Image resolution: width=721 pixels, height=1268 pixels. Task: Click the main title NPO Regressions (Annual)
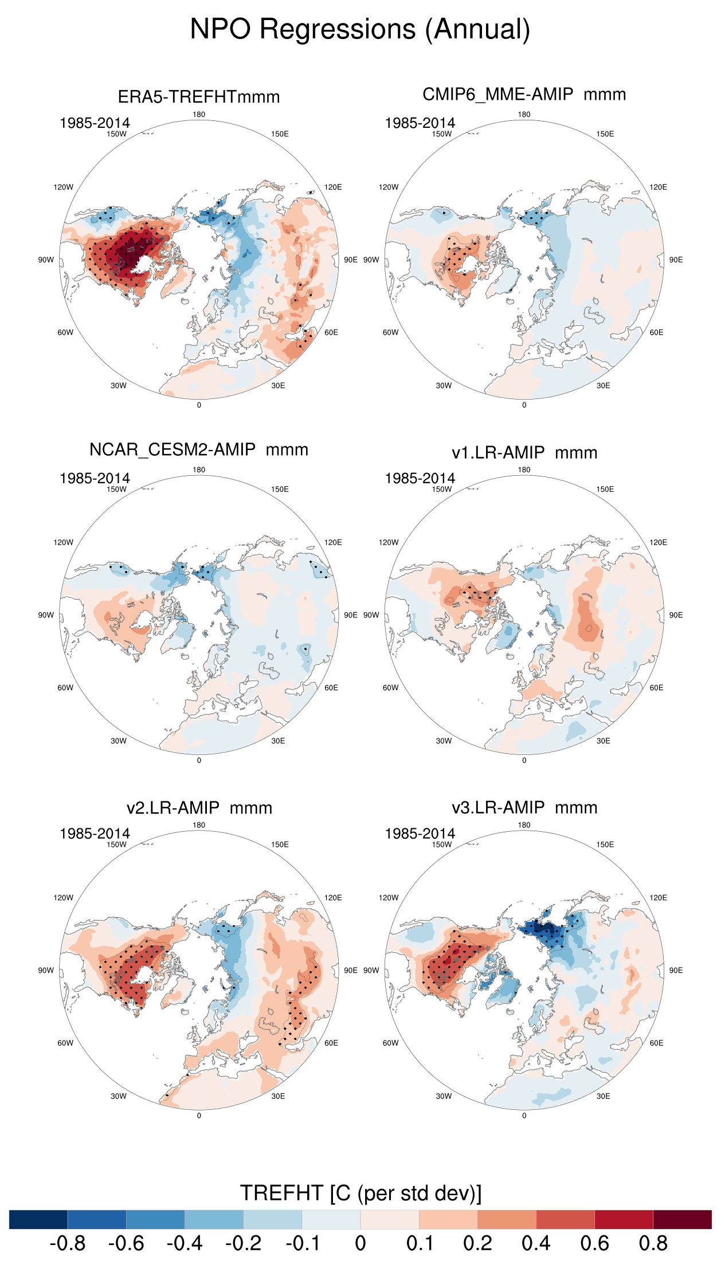[360, 29]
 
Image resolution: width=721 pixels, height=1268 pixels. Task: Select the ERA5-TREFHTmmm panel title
[199, 96]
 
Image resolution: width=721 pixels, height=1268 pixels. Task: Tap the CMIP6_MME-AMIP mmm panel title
[524, 94]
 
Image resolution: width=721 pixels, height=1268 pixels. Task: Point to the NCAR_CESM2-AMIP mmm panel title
[199, 449]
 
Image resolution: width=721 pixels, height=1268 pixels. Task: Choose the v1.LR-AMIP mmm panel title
[524, 452]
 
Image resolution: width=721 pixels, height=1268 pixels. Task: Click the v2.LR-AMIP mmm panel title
[199, 808]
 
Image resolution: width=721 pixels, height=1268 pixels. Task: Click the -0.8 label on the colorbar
[68, 1243]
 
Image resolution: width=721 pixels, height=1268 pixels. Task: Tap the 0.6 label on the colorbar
[594, 1243]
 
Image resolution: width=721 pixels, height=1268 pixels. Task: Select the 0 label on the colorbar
[360, 1243]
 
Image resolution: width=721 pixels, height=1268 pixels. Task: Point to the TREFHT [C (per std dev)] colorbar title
[360, 1193]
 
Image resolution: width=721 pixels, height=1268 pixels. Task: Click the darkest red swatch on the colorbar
[682, 1219]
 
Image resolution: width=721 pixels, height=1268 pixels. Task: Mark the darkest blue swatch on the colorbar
[38, 1219]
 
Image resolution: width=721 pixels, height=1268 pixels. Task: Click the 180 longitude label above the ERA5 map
[199, 115]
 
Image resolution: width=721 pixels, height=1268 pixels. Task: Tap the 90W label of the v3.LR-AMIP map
[371, 970]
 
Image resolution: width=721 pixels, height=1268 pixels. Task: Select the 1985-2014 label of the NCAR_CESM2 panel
[95, 478]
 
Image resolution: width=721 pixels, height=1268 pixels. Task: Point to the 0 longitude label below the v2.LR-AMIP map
[199, 1116]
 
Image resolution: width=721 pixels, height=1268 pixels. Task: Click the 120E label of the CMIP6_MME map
[658, 187]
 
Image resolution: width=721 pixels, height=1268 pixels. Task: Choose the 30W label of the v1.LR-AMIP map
[444, 741]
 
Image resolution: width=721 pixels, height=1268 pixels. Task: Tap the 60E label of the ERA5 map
[331, 332]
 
